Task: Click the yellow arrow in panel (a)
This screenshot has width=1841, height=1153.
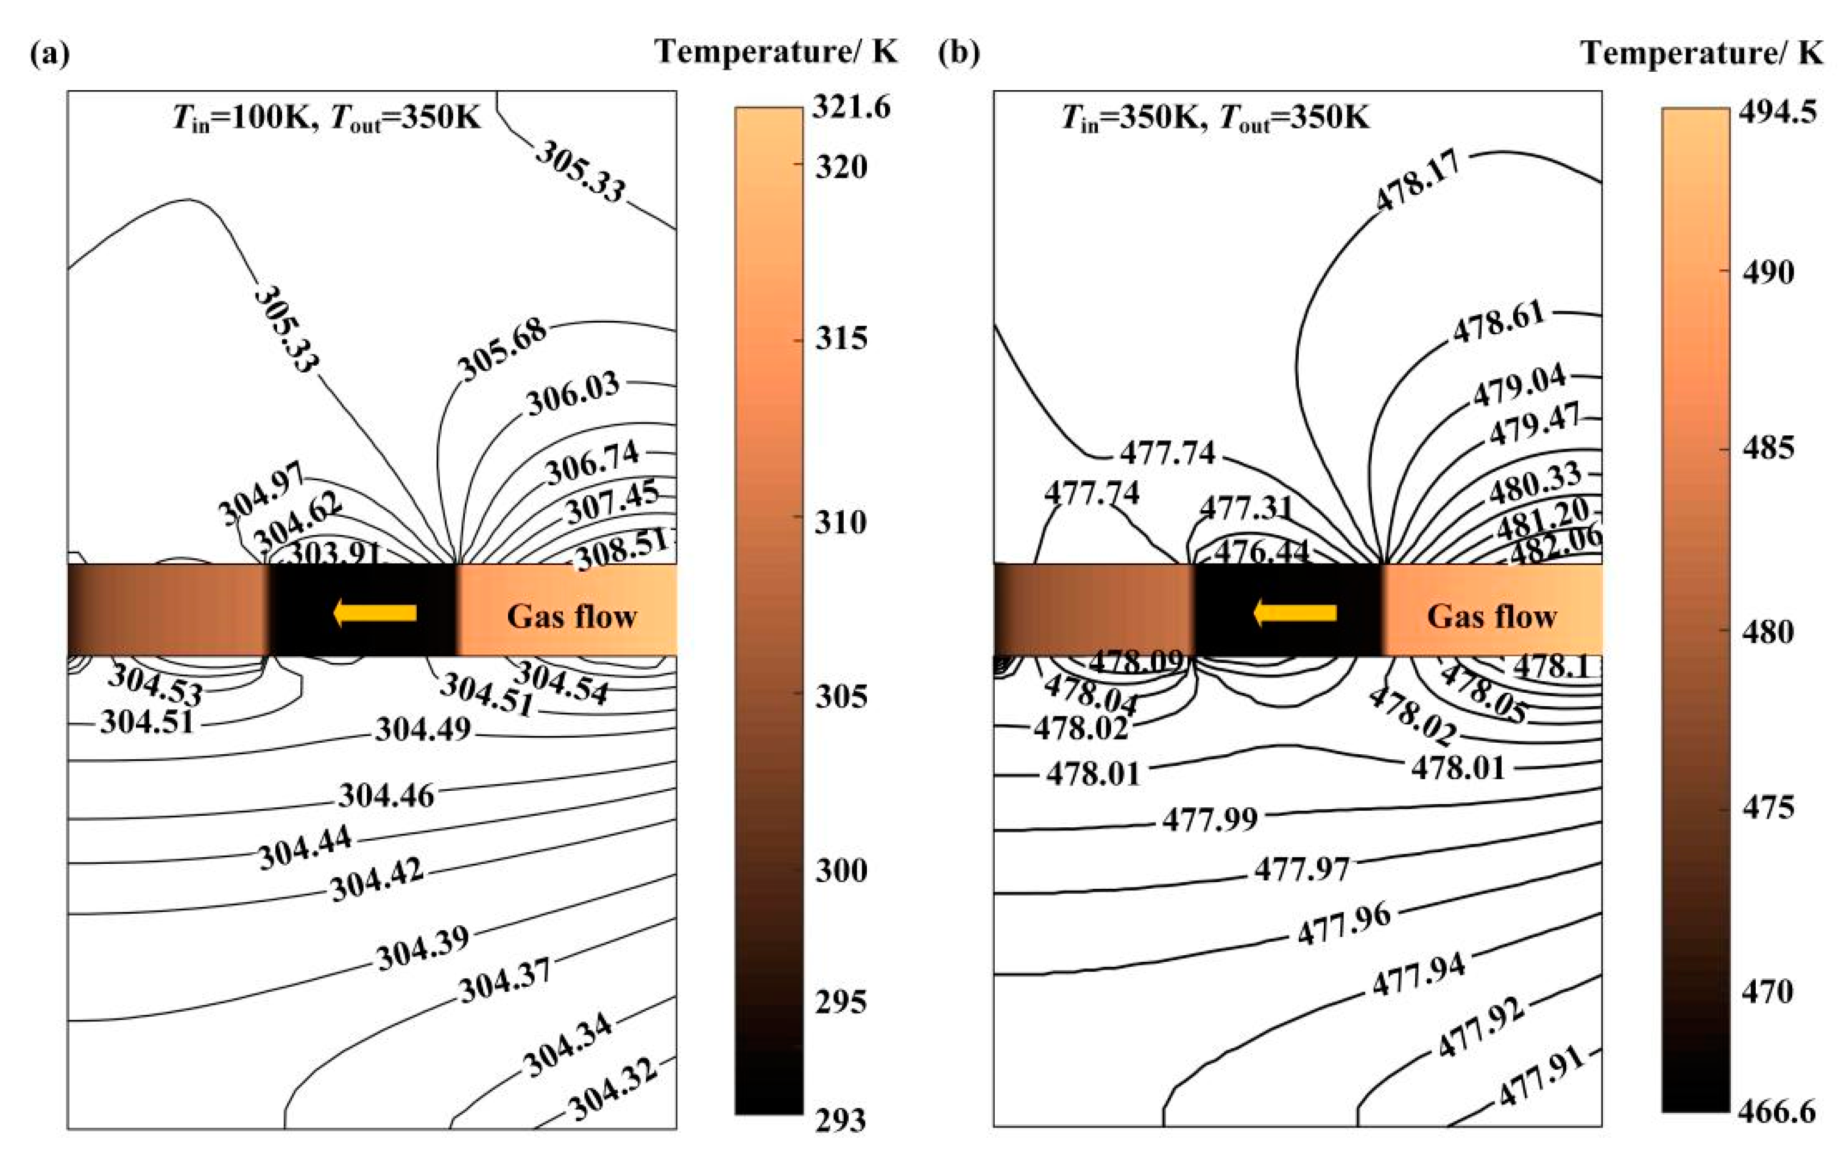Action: [375, 612]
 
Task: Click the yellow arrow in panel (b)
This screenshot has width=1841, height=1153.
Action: [1294, 612]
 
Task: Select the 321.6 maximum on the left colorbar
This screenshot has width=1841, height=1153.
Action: [850, 108]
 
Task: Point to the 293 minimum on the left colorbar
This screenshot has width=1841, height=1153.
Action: [841, 1120]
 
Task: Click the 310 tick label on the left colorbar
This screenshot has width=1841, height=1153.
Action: [841, 522]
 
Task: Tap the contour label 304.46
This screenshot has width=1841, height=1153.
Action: [387, 796]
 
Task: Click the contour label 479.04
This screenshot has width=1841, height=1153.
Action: [1520, 387]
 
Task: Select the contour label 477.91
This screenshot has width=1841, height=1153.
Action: [1539, 1077]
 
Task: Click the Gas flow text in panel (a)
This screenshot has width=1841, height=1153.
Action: [571, 616]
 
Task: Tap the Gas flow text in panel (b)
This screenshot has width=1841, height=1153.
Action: [1491, 616]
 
